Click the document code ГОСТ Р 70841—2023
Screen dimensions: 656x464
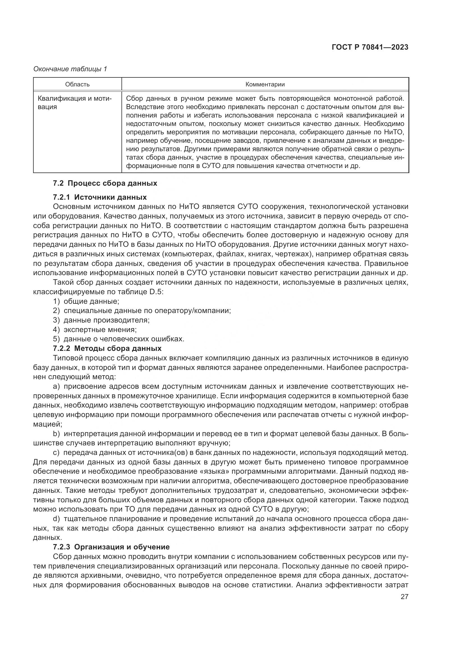click(370, 47)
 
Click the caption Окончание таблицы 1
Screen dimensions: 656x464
click(70, 69)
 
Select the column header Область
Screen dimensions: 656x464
click(77, 84)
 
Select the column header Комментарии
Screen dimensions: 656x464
click(265, 84)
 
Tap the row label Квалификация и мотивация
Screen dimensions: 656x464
click(75, 103)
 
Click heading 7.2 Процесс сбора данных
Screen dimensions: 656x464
click(105, 183)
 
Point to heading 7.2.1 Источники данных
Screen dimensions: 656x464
click(100, 197)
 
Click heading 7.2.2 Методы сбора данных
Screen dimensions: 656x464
click(107, 348)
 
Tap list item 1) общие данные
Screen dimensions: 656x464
click(86, 301)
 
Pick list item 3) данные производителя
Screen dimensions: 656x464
click(101, 320)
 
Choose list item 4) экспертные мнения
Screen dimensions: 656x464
click(95, 330)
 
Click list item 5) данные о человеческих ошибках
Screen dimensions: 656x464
click(119, 339)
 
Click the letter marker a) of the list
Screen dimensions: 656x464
click(56, 386)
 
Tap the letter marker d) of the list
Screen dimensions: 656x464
click(56, 519)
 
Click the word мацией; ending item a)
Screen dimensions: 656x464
click(47, 424)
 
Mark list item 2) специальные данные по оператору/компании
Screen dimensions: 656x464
click(142, 310)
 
